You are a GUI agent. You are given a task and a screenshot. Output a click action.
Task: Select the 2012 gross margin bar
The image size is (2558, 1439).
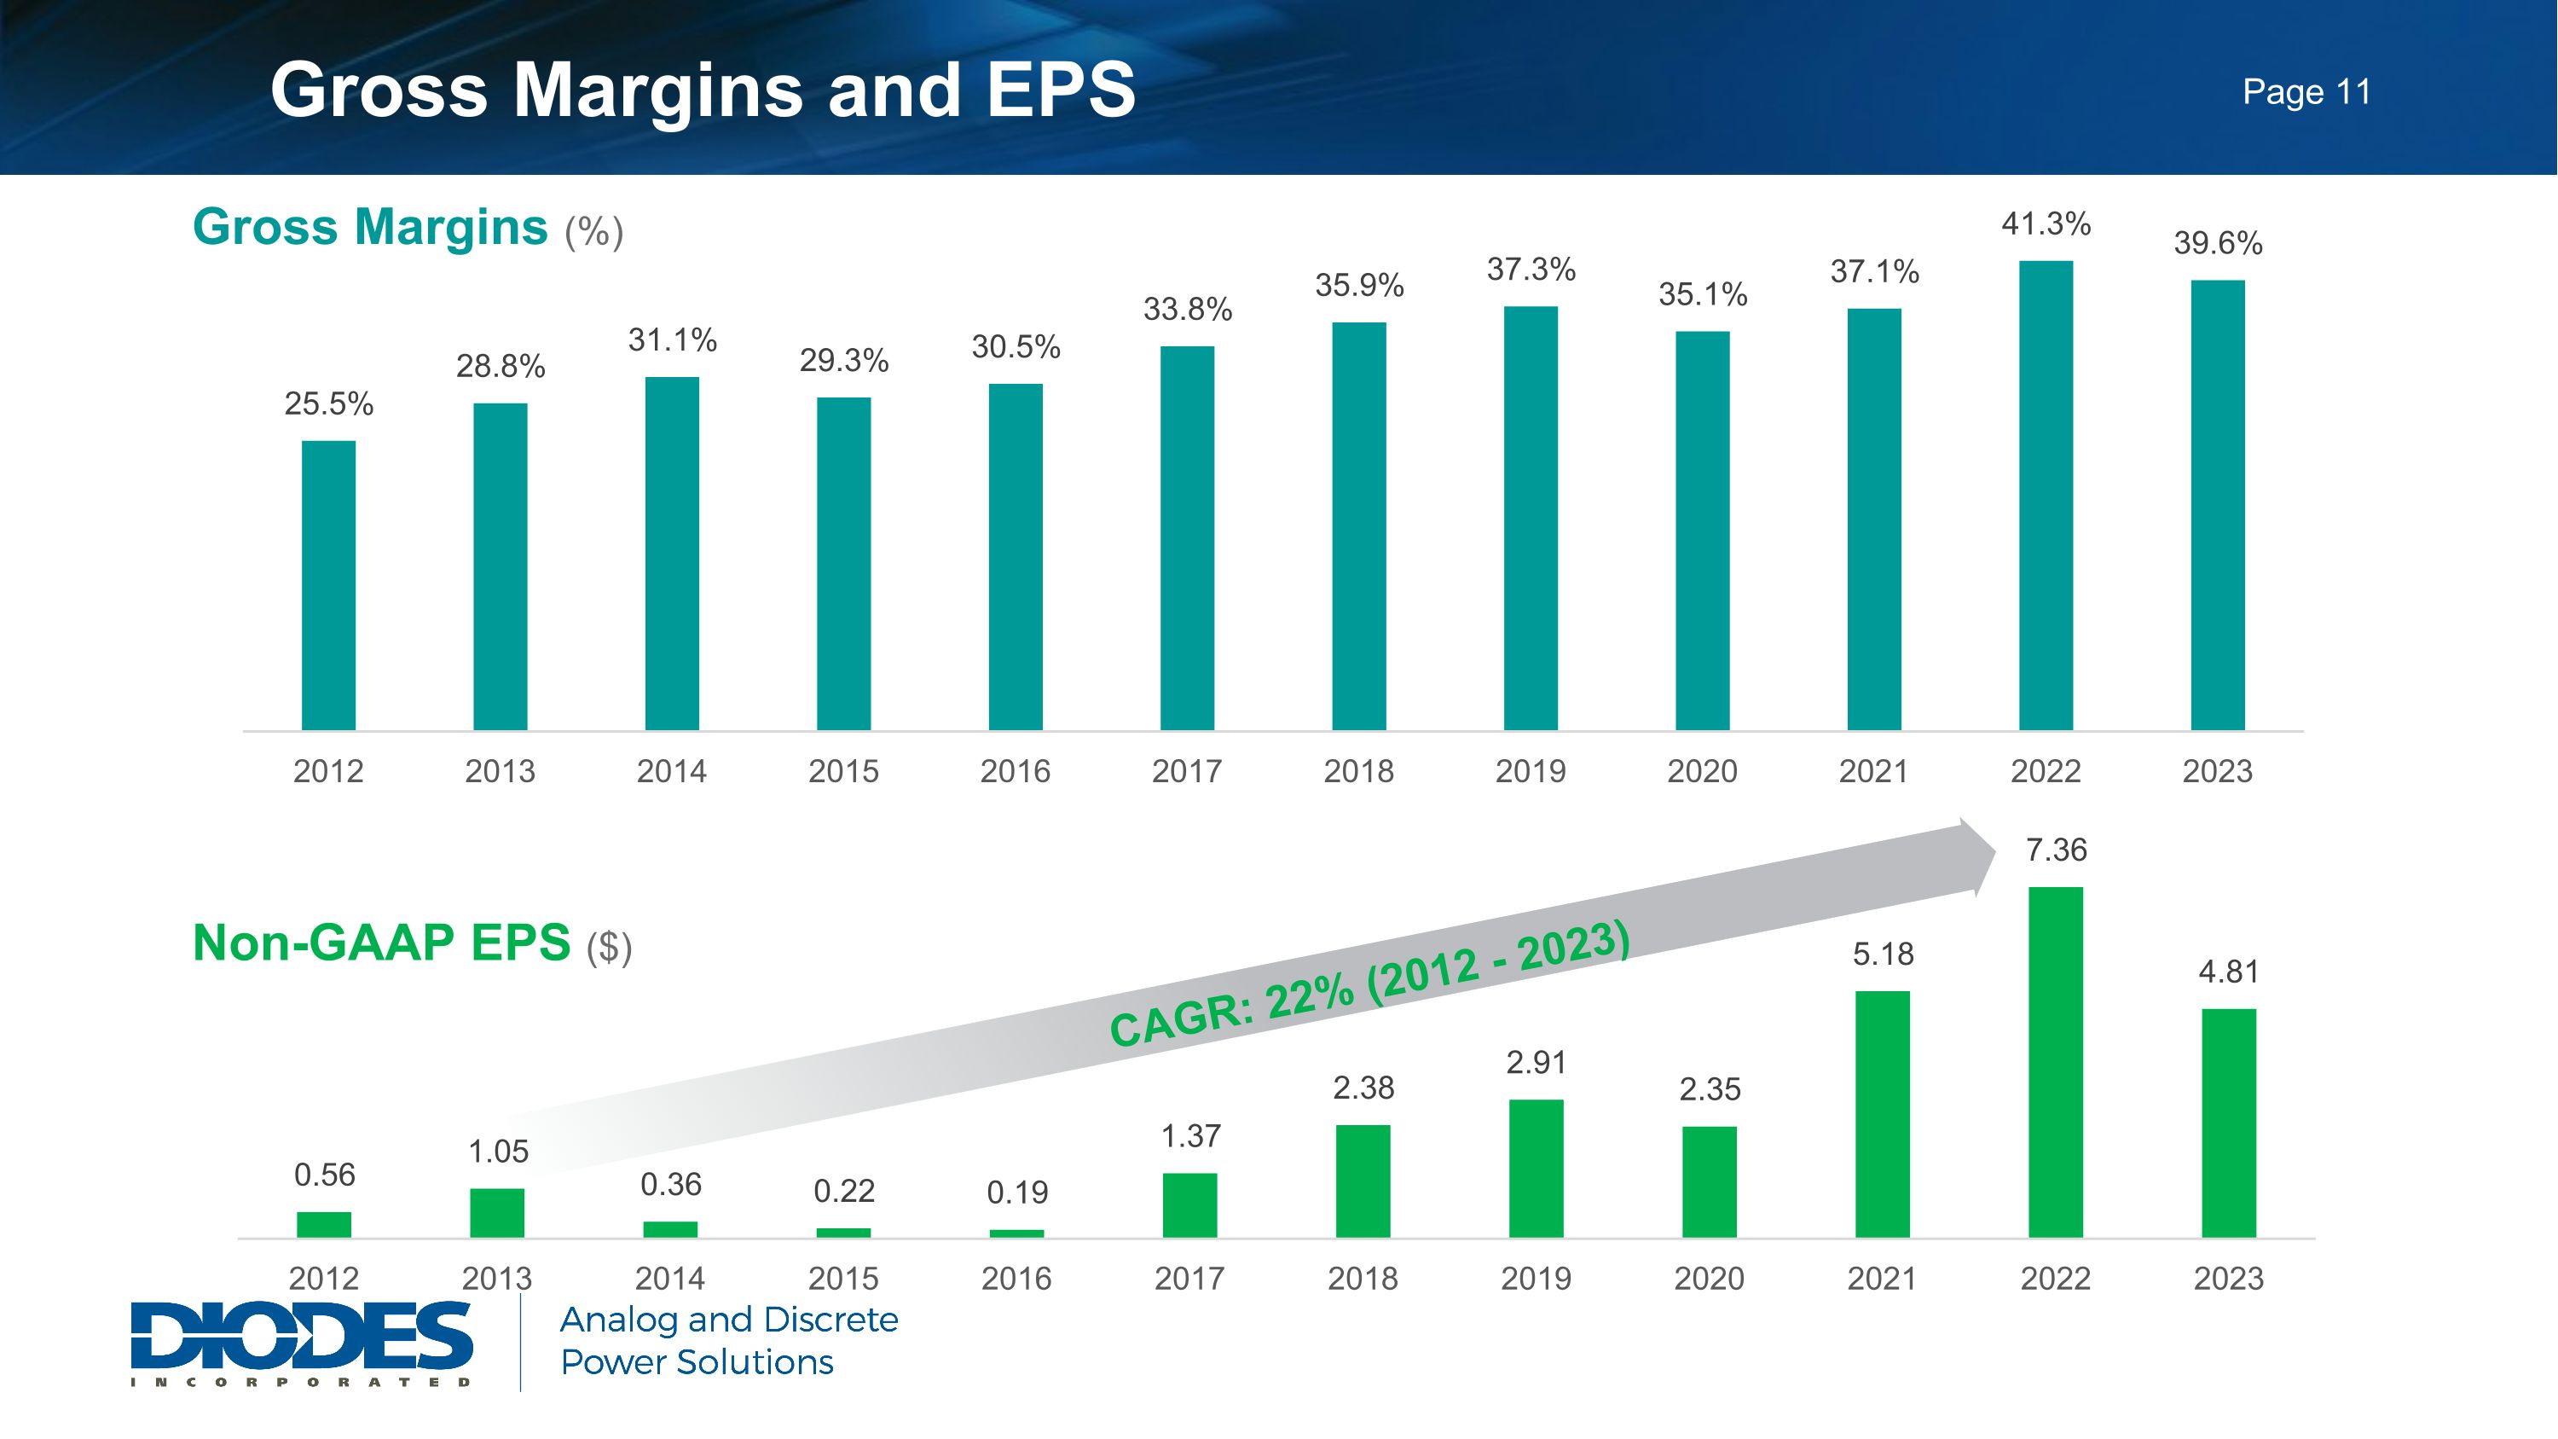click(x=328, y=585)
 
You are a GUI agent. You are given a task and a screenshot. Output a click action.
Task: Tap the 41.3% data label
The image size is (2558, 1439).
click(x=2046, y=223)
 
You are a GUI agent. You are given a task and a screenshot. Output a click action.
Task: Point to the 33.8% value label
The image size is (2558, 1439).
click(x=1188, y=309)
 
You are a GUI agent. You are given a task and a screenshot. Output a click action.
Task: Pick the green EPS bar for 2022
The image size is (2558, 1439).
click(x=2056, y=1062)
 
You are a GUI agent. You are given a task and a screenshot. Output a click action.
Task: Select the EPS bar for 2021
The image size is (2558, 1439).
click(x=1883, y=1113)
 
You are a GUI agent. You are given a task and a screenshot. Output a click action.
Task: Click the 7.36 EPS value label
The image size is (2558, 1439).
click(x=2056, y=850)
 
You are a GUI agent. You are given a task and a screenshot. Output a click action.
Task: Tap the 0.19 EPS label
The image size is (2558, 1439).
click(x=1017, y=1192)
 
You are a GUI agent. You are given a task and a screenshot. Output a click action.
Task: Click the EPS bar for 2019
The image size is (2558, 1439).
click(x=1537, y=1168)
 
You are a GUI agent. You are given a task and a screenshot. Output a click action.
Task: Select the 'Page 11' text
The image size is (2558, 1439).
click(x=2306, y=92)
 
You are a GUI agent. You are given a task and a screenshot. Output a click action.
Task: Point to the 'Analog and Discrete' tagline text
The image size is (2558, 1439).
click(x=729, y=1320)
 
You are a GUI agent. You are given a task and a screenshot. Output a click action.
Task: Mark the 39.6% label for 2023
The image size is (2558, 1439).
click(x=2218, y=243)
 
